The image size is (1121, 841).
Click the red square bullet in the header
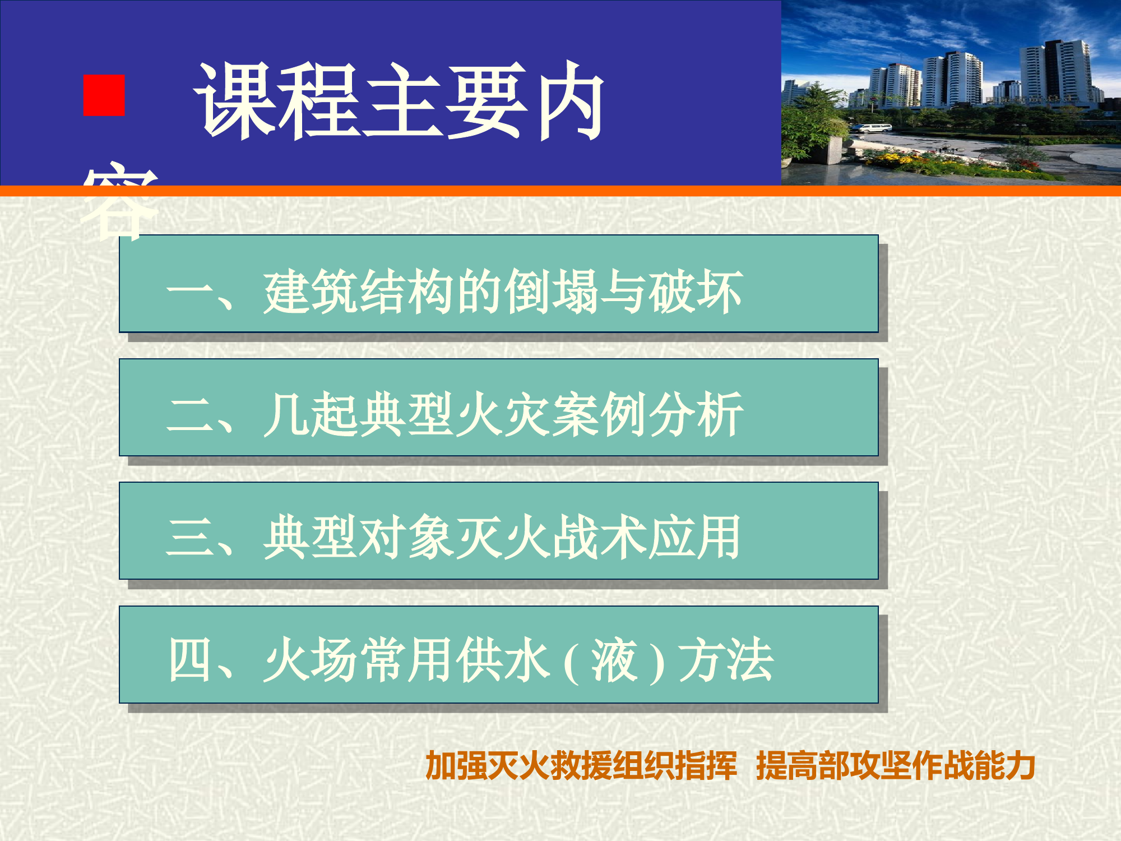point(104,96)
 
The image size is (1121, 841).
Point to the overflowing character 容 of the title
point(119,202)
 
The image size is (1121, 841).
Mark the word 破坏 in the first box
point(696,292)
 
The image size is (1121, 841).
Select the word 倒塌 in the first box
point(552,292)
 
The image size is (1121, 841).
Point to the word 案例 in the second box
point(600,415)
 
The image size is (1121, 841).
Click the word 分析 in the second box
point(696,415)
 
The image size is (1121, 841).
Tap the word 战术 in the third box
point(600,538)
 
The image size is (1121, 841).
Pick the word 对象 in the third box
point(407,538)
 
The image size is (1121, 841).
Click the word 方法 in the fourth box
point(726,660)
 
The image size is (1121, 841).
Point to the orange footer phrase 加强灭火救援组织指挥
point(581,766)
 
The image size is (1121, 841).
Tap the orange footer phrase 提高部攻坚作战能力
point(895,766)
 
